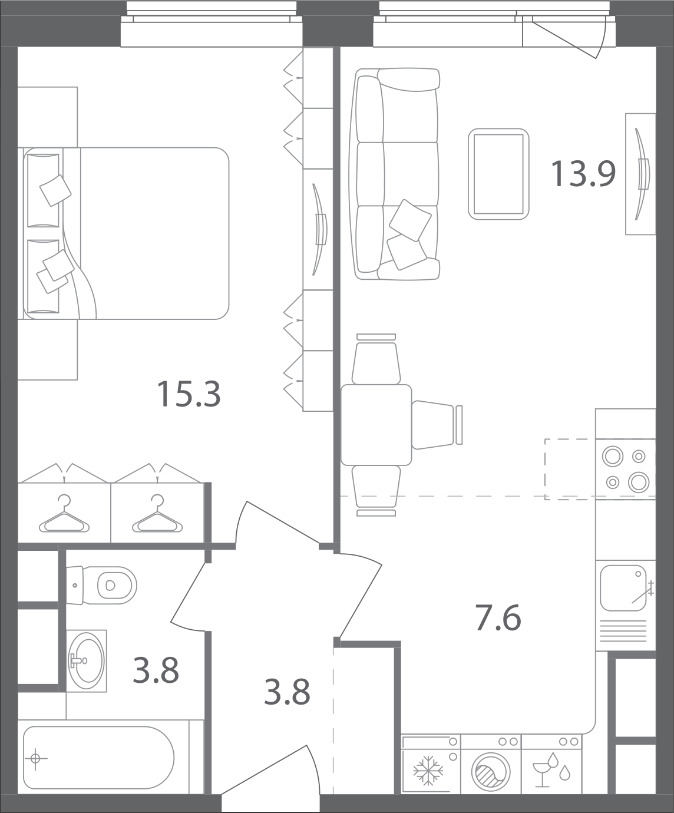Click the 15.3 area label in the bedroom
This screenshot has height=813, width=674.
pos(189,395)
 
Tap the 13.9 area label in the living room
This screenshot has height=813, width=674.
pos(583,174)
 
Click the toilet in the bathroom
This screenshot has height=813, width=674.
pos(101,585)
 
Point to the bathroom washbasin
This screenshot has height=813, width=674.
pos(86,661)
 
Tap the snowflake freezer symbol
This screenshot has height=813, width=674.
pos(428,770)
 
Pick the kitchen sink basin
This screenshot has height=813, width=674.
pos(623,588)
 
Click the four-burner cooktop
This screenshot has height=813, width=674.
pos(625,469)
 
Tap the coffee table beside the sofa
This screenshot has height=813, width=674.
pos(498,174)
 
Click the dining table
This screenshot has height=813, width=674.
pos(376,425)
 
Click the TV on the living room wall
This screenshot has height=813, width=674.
pos(642,174)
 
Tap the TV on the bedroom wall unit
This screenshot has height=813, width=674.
pos(320,229)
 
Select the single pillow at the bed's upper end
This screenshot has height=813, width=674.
pos(56,190)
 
